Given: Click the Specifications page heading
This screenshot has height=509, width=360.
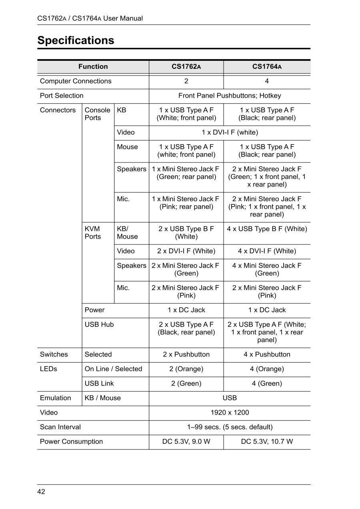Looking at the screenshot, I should [76, 40].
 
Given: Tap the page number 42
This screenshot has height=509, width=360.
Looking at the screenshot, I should [41, 492].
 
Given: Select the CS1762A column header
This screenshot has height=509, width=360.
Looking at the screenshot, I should [186, 67].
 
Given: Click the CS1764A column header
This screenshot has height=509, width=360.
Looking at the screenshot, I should [267, 67].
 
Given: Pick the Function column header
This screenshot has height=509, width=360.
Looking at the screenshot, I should [93, 67].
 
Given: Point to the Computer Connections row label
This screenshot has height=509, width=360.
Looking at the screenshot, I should [76, 81].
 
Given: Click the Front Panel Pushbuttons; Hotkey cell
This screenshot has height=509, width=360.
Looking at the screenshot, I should [230, 96].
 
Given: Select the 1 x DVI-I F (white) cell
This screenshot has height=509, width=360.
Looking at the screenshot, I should [230, 132].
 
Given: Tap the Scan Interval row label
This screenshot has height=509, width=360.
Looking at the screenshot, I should [60, 427].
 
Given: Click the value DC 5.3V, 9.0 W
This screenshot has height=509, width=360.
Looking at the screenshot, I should [186, 442].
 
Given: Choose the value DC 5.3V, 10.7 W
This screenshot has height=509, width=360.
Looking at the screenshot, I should [267, 442].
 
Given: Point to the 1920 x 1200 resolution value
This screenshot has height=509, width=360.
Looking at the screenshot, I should [230, 413].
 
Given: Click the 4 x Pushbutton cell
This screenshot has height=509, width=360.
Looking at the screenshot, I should [267, 355].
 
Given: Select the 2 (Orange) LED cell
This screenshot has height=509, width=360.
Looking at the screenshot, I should [186, 369].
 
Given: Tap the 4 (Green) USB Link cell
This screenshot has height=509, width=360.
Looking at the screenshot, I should [267, 383].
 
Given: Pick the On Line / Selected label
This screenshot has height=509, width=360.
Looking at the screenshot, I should [113, 369].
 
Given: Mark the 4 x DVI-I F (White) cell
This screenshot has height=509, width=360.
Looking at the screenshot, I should [267, 251].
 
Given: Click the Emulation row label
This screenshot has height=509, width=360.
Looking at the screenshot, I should [55, 398].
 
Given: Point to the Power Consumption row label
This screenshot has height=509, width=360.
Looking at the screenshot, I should [71, 442].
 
